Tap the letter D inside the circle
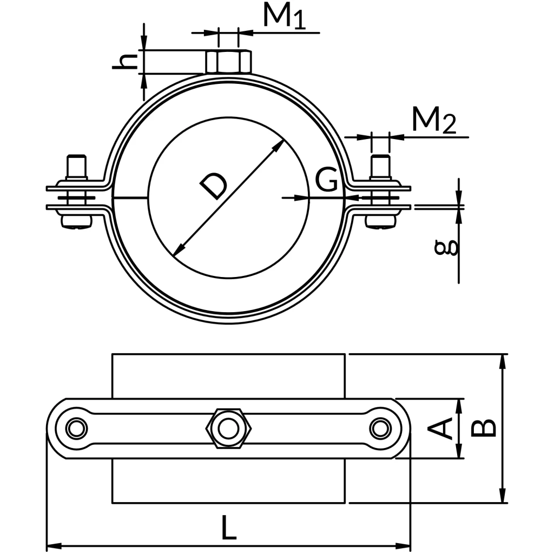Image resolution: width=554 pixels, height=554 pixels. pos(213,186)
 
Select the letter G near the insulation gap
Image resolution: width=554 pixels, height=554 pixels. pos(327,180)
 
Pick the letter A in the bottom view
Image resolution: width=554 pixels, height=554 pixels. pos(440,428)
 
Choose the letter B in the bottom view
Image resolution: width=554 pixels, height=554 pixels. pos(483,427)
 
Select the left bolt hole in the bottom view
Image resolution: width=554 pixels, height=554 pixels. pos(76,428)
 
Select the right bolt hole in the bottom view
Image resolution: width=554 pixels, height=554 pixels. pos(380,428)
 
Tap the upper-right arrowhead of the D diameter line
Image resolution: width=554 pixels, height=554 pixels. pos(280,145)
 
